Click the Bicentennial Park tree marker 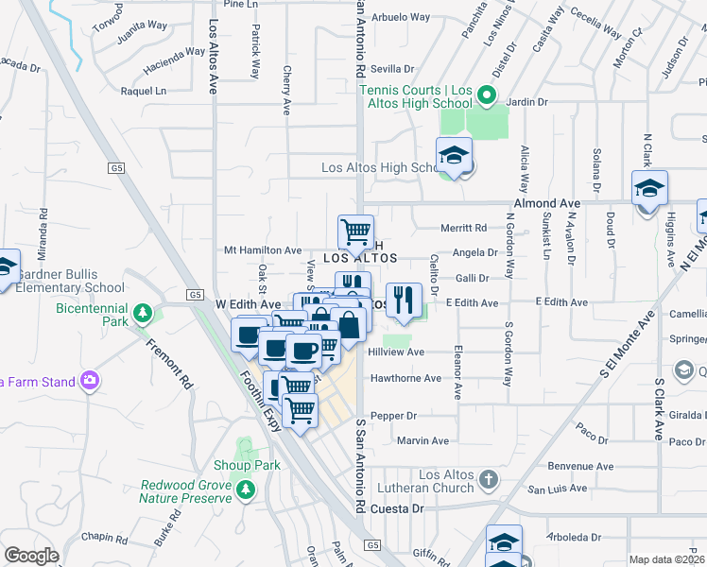tap(143, 312)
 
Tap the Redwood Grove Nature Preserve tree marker tap(246, 489)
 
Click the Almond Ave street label tap(546, 203)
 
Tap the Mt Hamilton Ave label tap(262, 250)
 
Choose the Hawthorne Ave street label tap(405, 378)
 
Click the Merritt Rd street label tap(463, 228)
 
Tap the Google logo tap(32, 556)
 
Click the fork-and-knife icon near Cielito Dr tap(404, 301)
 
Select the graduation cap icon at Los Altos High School tap(454, 156)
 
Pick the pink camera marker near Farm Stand tap(90, 381)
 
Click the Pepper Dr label tap(393, 416)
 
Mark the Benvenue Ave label tap(575, 467)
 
